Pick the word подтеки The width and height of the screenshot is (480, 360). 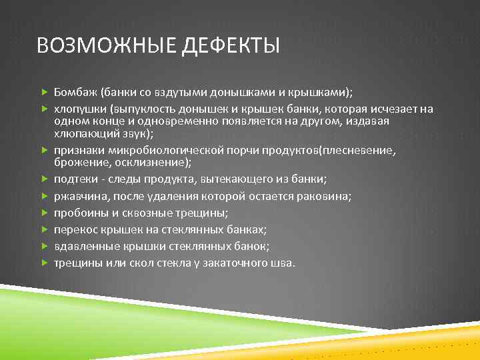coord(75,179)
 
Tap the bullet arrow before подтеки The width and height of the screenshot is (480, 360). coord(44,179)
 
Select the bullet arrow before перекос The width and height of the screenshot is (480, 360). coord(44,229)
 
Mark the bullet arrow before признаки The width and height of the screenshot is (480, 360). coord(44,151)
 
